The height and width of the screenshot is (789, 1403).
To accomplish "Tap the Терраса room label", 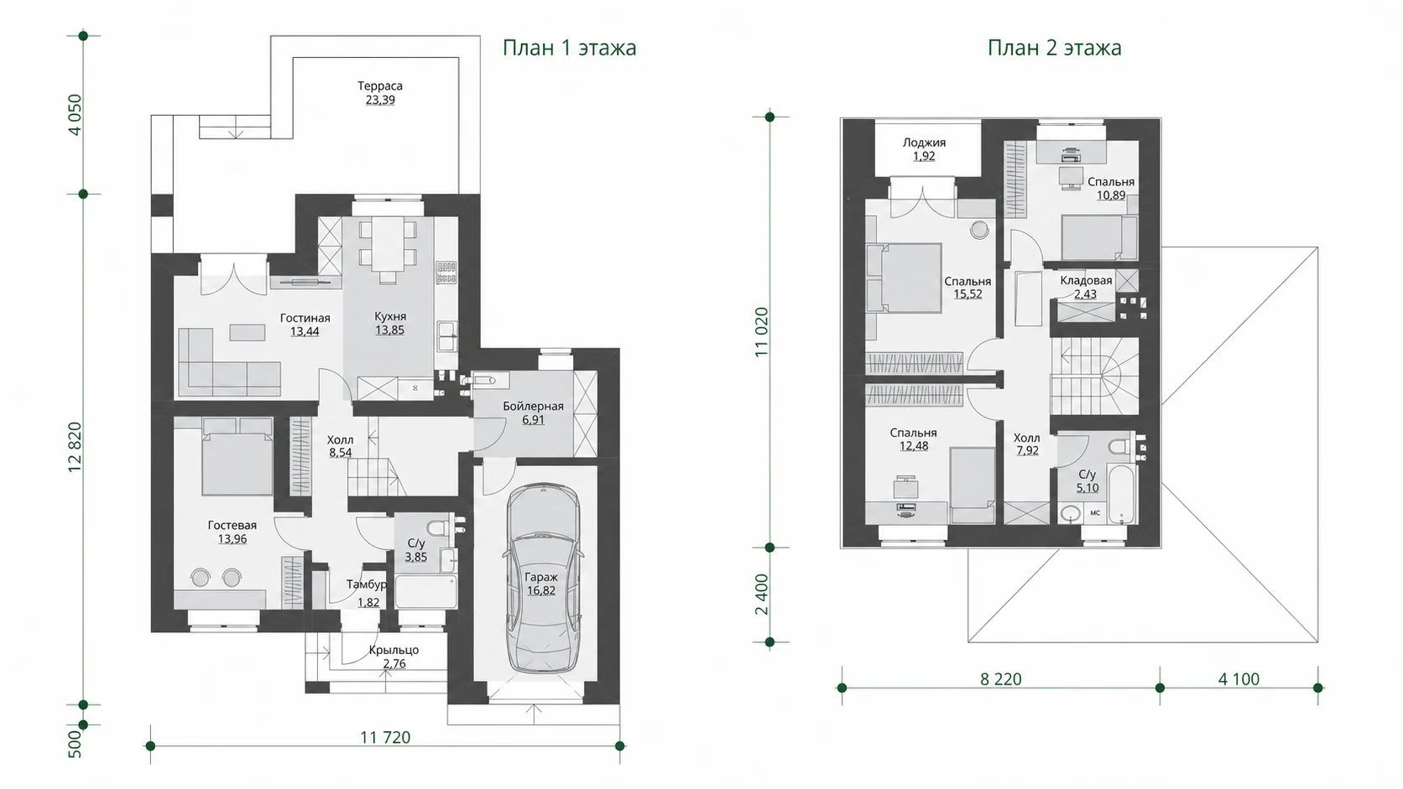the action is [379, 86].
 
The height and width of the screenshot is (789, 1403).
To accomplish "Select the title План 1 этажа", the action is [570, 48].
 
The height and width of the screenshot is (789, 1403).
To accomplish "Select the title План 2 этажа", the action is [1054, 48].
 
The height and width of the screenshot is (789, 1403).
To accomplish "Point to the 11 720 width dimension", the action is [385, 738].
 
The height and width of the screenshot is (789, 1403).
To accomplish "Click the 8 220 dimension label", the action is [1001, 679].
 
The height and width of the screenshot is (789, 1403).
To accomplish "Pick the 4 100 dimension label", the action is [1239, 679].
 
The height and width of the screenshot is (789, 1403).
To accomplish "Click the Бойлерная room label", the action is [533, 406].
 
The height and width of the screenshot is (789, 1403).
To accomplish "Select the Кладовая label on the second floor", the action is [1086, 280].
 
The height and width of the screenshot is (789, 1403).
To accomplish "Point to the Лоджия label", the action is [924, 142].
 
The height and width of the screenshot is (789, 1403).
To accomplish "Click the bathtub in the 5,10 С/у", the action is [1121, 495].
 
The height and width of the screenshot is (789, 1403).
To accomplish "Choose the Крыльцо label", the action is [394, 650].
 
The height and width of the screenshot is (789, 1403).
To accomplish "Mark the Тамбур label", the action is [367, 584].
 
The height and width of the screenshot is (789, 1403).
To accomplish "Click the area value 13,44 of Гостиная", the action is [305, 332].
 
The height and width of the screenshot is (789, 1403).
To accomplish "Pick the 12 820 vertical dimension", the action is [75, 447].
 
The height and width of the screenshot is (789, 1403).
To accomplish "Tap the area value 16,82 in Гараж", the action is [540, 590].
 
